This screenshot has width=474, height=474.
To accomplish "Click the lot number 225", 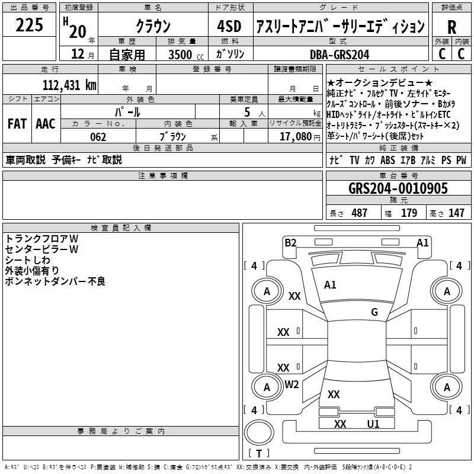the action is pyautogui.click(x=29, y=24).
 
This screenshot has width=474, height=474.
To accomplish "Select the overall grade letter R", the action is pyautogui.click(x=451, y=27).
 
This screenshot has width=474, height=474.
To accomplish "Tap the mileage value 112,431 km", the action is pyautogui.click(x=69, y=85).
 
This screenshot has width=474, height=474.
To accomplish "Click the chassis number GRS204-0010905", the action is pyautogui.click(x=398, y=188).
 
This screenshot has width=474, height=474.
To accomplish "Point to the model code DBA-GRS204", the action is pyautogui.click(x=340, y=55).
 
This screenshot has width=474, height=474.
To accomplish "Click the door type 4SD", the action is pyautogui.click(x=229, y=26).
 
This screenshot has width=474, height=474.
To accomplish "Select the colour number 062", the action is pyautogui.click(x=98, y=137).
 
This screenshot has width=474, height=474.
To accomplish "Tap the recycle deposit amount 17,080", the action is pyautogui.click(x=295, y=137).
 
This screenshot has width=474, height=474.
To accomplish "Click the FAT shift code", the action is pyautogui.click(x=17, y=124).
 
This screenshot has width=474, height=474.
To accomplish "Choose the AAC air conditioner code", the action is pyautogui.click(x=46, y=124).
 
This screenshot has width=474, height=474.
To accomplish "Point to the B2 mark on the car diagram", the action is pyautogui.click(x=290, y=243).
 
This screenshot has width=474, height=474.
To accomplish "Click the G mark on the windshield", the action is pyautogui.click(x=374, y=312).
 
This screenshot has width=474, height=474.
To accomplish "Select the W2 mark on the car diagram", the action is pyautogui.click(x=292, y=385).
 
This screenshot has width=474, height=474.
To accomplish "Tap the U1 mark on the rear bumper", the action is pyautogui.click(x=373, y=424).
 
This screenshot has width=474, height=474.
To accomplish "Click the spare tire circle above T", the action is pyautogui.click(x=259, y=433).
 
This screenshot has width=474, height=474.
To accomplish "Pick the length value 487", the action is pyautogui.click(x=359, y=213).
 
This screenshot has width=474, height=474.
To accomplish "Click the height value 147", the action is pyautogui.click(x=456, y=213).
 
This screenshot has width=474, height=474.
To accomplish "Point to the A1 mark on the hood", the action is pyautogui.click(x=330, y=285).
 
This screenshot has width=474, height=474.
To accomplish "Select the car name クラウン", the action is pyautogui.click(x=153, y=26).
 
